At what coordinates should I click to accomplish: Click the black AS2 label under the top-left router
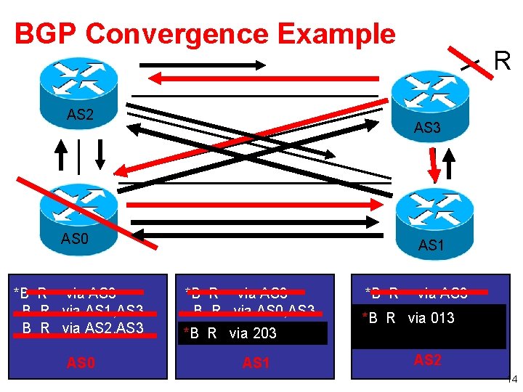80,114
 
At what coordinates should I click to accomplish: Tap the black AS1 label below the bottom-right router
431,246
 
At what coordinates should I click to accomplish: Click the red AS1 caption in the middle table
256,362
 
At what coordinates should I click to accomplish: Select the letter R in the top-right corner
503,62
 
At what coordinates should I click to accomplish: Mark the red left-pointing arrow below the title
206,78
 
